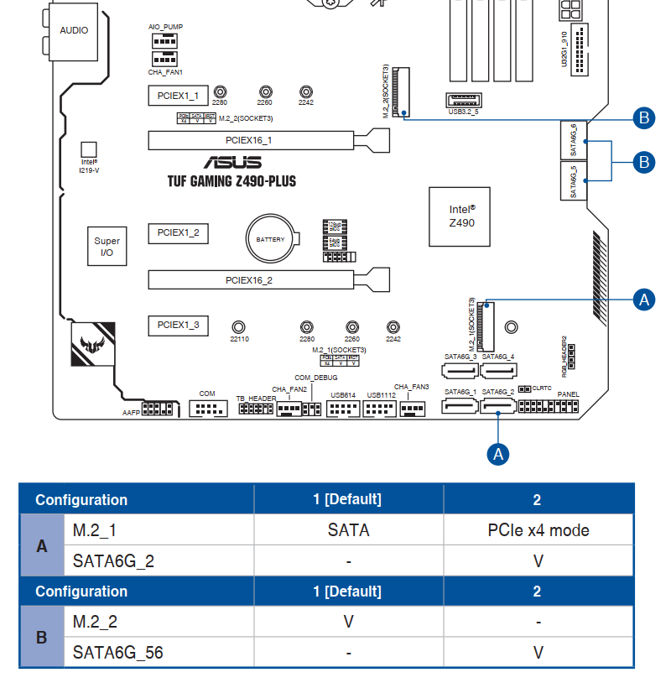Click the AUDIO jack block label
(x=74, y=30)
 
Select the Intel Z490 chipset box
(x=460, y=216)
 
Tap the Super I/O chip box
(x=107, y=246)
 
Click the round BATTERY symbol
(x=270, y=240)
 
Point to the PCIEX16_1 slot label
(x=249, y=140)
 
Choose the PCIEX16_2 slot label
(x=249, y=279)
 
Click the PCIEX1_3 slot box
(x=178, y=325)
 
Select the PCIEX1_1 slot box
(x=178, y=96)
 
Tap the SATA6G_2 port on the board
(x=498, y=408)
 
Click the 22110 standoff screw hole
(x=239, y=326)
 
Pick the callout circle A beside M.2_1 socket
(x=644, y=300)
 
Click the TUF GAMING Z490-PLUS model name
(x=231, y=181)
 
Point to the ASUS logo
(x=232, y=162)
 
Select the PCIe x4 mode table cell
(x=538, y=530)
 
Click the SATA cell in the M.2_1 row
(x=348, y=530)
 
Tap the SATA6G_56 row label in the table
(x=117, y=652)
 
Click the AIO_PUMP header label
(x=165, y=27)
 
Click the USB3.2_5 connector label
(x=463, y=111)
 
